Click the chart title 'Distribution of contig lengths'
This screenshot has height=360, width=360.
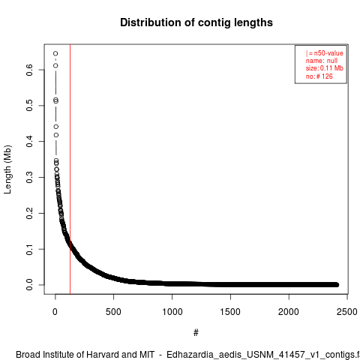(196, 22)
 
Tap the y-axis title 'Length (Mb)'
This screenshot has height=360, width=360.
(7, 169)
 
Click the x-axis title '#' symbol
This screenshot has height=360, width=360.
(196, 333)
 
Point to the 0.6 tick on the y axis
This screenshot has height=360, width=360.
(29, 70)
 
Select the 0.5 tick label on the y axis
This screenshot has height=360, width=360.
(29, 106)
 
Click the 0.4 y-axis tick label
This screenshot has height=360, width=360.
(29, 142)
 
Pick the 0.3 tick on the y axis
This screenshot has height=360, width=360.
(29, 177)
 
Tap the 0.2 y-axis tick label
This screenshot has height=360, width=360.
(29, 213)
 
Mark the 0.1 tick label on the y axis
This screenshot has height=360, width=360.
(29, 249)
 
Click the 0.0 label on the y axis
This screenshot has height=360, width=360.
(29, 285)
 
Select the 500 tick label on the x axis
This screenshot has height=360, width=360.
(113, 312)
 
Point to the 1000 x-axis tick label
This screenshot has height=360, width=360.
(172, 312)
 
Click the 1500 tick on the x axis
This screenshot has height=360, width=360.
(230, 312)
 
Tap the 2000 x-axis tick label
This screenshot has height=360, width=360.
(289, 312)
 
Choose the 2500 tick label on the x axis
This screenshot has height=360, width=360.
(347, 312)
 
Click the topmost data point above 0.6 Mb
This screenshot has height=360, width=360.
(55, 53)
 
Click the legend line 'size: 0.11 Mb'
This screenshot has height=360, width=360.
(325, 68)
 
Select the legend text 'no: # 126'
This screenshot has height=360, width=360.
(319, 76)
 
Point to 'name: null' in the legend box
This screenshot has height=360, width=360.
(322, 61)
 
